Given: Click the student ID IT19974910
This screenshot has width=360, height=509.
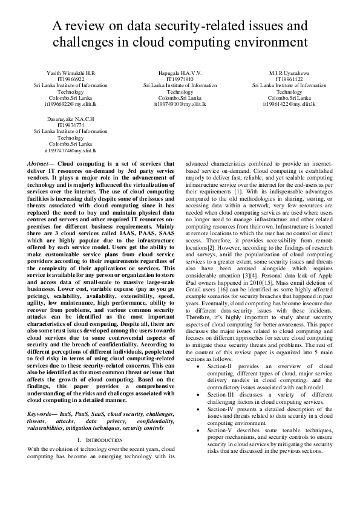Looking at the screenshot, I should click(180, 79).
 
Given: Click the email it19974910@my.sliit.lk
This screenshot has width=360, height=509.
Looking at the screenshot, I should click(180, 104).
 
